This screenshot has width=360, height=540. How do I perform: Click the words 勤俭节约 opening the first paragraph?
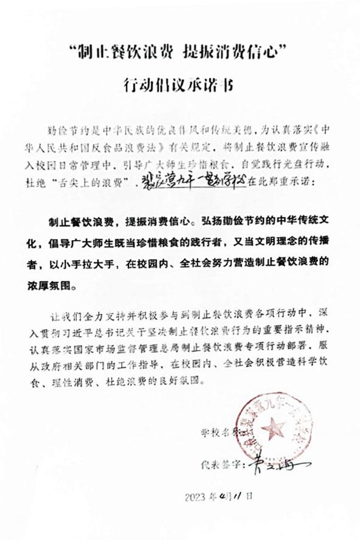tap(67, 130)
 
